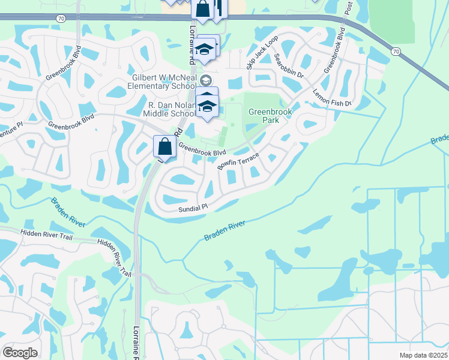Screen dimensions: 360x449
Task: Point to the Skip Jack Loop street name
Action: click(262, 52)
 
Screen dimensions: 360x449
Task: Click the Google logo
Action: click(20, 352)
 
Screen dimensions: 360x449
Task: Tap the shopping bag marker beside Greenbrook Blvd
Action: click(164, 146)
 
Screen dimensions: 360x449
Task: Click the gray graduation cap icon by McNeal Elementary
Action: click(206, 80)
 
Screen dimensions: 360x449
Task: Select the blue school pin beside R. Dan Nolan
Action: click(208, 106)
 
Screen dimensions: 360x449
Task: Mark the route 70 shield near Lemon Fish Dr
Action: click(394, 52)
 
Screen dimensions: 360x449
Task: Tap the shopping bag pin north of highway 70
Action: click(203, 9)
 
